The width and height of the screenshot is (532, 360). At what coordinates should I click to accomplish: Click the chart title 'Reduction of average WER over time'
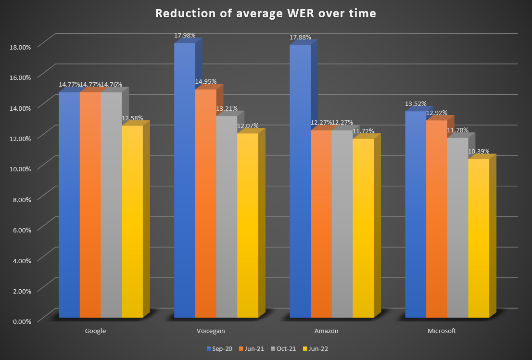pyautogui.click(x=266, y=14)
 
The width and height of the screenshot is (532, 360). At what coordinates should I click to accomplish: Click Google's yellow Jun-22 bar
pyautogui.click(x=132, y=221)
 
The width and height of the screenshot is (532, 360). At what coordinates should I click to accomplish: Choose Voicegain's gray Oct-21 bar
pyautogui.click(x=227, y=217)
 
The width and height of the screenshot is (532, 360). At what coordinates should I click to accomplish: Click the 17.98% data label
pyautogui.click(x=185, y=35)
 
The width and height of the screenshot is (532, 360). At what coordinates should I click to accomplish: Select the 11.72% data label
pyautogui.click(x=363, y=131)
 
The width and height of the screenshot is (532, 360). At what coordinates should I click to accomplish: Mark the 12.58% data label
pyautogui.click(x=132, y=118)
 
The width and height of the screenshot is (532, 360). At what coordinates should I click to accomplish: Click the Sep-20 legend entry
pyautogui.click(x=219, y=348)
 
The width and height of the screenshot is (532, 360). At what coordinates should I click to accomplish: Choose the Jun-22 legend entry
pyautogui.click(x=317, y=348)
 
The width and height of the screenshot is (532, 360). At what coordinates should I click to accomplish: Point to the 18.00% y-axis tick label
pyautogui.click(x=20, y=47)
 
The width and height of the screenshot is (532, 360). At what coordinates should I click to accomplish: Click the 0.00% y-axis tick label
pyautogui.click(x=21, y=321)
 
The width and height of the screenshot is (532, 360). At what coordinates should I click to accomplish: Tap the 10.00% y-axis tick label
pyautogui.click(x=20, y=168)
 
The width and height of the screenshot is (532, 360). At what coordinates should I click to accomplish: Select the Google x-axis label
pyautogui.click(x=95, y=331)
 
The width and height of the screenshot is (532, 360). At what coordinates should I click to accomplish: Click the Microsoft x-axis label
pyautogui.click(x=442, y=331)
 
